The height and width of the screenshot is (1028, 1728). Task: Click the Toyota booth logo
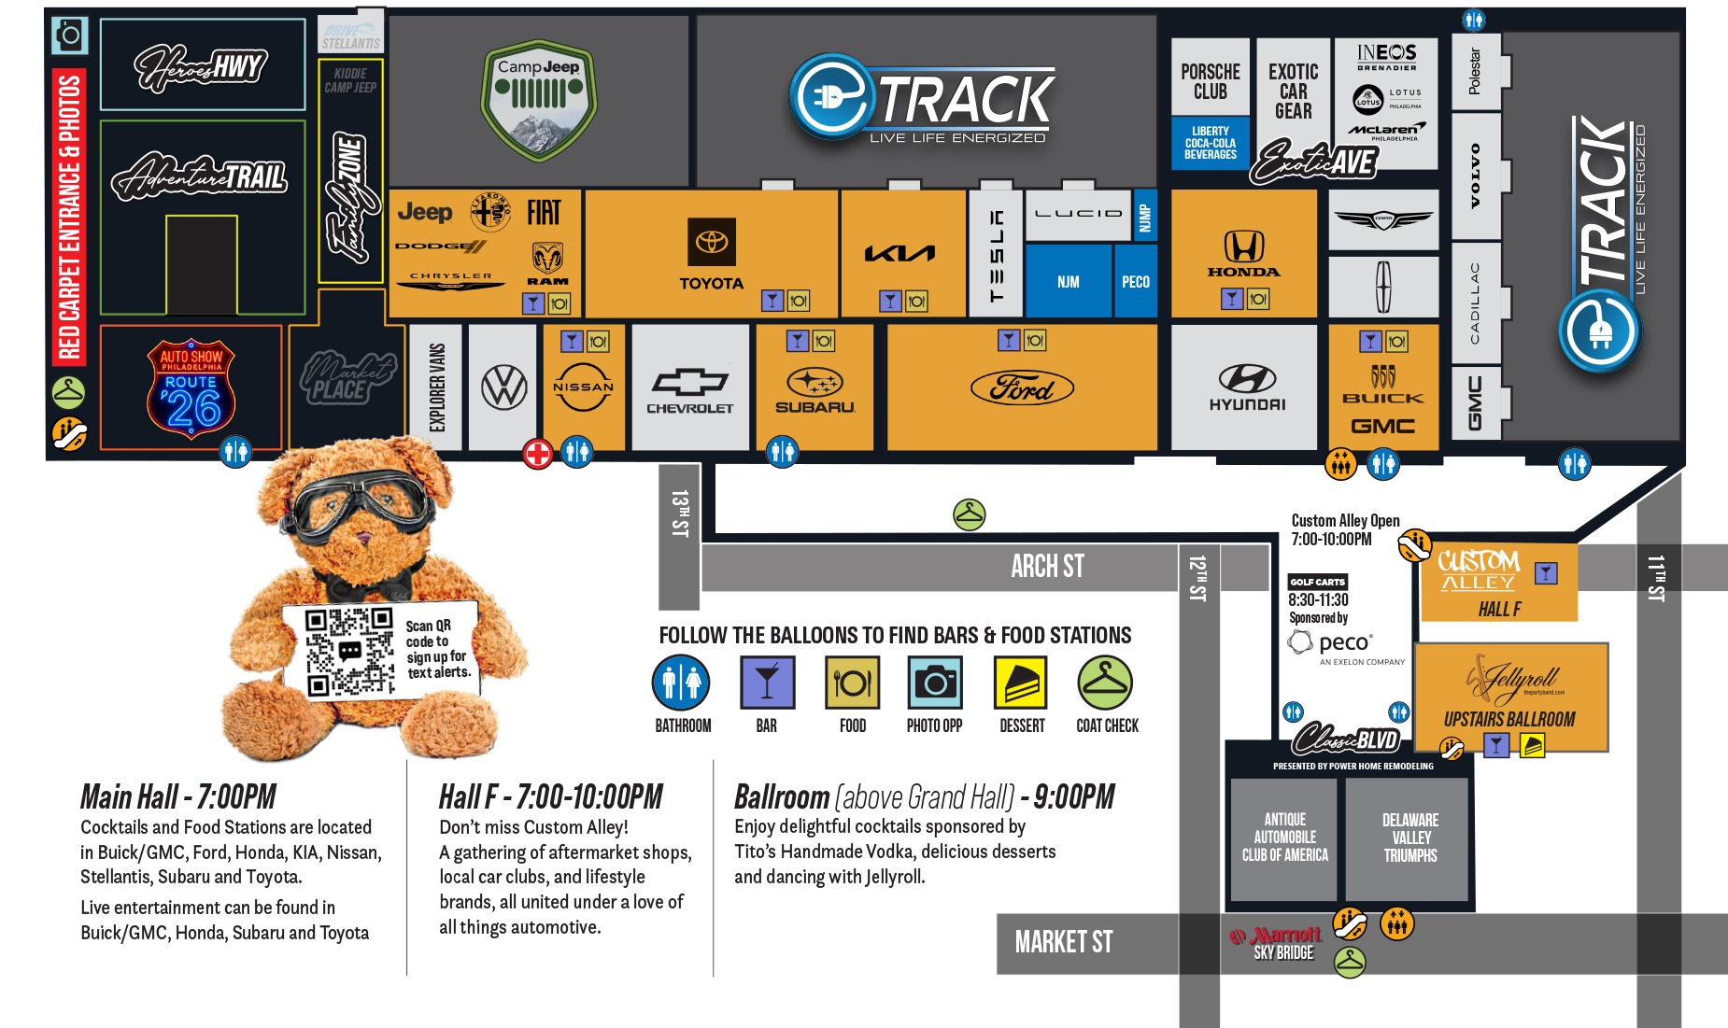point(711,243)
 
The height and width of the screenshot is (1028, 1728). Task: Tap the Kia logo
point(899,253)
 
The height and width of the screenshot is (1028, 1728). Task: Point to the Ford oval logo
point(1022,387)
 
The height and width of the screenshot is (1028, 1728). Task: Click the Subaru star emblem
point(814,382)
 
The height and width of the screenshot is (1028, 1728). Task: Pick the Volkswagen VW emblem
point(503,387)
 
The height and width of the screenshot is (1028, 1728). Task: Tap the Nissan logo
point(583,387)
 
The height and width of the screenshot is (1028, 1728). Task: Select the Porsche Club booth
point(1210,80)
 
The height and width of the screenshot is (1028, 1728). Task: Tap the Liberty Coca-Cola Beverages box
point(1210,143)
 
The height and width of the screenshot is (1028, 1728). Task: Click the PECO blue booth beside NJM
point(1135,281)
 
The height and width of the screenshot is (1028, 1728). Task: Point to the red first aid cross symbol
point(537,455)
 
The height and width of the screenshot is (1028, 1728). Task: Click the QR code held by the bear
point(349,651)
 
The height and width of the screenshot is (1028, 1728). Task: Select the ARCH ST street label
point(1047,566)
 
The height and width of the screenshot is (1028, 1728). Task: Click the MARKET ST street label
point(1064,942)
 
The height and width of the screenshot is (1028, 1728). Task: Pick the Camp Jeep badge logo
point(539,99)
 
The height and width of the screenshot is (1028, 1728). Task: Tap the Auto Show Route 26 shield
point(191,388)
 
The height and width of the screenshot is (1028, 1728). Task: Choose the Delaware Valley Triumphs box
point(1409,838)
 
